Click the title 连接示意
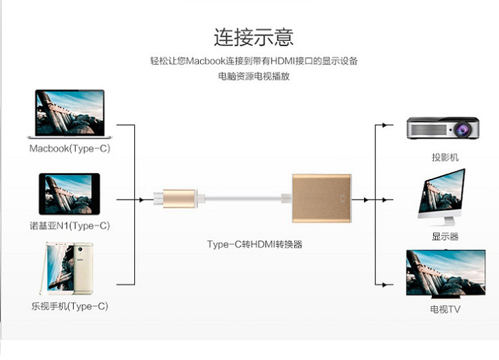tap(253, 37)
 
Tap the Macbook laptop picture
tap(70, 114)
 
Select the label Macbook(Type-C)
tap(70, 148)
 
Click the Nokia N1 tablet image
tap(69, 194)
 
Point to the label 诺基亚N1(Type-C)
tap(70, 226)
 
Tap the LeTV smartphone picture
tap(67, 268)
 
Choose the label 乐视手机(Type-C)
tap(70, 306)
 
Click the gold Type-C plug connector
tap(178, 198)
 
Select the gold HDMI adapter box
tap(322, 198)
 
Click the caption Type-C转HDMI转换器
tap(255, 244)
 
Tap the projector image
tap(443, 128)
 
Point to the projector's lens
tap(462, 130)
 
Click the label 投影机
tap(445, 157)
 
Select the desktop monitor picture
tap(442, 196)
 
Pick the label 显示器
tap(445, 236)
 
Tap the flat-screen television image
tap(446, 273)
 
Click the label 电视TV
tap(445, 309)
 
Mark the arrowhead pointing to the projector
tap(385, 125)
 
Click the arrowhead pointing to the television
tap(385, 285)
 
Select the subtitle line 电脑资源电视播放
tap(253, 77)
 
